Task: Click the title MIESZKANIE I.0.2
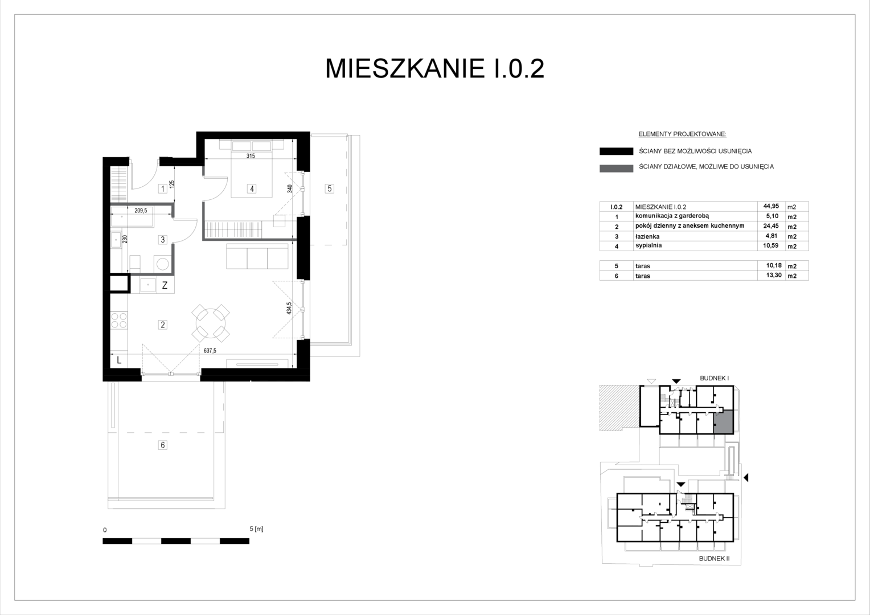[x=434, y=69]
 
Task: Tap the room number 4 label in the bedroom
[x=252, y=189]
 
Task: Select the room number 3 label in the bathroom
[x=163, y=240]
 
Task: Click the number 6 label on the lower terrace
[x=163, y=445]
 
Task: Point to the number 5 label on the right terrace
[x=329, y=189]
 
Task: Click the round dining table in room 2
[x=211, y=323]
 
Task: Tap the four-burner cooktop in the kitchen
[x=119, y=321]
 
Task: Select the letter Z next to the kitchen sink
[x=165, y=285]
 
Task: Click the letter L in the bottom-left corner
[x=119, y=360]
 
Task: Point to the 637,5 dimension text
[x=210, y=350]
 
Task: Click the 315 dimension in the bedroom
[x=251, y=156]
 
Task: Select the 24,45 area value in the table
[x=771, y=226]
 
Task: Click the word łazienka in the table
[x=647, y=236]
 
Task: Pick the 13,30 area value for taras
[x=771, y=276]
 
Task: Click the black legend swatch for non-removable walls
[x=616, y=151]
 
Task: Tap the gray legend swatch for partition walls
[x=616, y=169]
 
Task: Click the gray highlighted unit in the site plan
[x=724, y=422]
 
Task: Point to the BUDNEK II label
[x=714, y=559]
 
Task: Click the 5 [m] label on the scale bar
[x=256, y=529]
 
